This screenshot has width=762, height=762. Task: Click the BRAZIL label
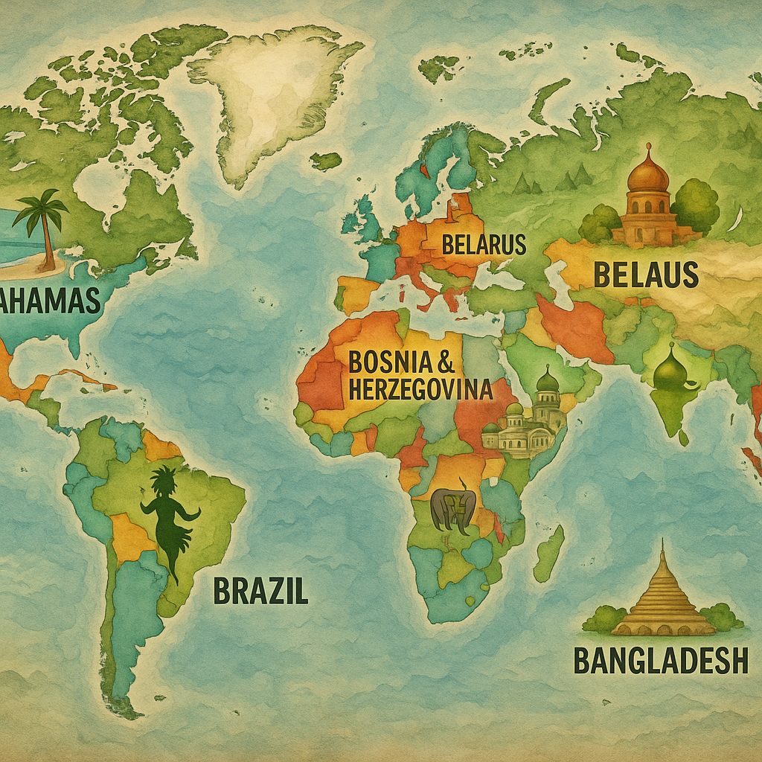[260, 591]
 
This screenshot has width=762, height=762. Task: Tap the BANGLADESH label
[661, 660]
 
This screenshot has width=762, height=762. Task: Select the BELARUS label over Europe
[484, 244]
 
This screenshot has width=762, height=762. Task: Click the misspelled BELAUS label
[645, 275]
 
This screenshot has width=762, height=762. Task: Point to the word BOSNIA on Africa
[389, 362]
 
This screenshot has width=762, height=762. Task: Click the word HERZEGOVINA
[420, 388]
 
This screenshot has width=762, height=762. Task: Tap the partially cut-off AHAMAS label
[50, 301]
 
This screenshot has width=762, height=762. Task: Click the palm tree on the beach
[42, 223]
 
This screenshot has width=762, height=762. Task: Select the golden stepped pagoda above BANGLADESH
[662, 595]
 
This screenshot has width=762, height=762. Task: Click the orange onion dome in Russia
[648, 175]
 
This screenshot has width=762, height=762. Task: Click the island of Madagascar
[548, 554]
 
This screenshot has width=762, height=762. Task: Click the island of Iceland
[325, 160]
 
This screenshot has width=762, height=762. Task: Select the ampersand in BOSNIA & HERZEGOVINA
[446, 362]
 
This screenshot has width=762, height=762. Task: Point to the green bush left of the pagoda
[603, 618]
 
